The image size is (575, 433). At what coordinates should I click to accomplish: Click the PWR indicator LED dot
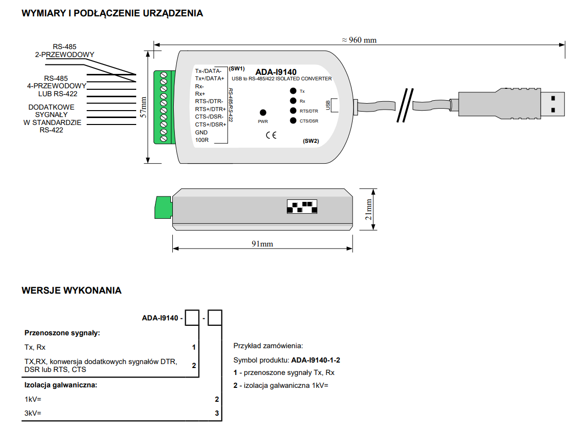[263, 113]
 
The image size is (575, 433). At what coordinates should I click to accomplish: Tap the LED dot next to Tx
[293, 91]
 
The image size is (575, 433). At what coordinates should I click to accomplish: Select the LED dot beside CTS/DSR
[293, 121]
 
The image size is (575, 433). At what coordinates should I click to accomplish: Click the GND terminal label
[201, 132]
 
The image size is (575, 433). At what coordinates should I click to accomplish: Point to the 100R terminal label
[202, 140]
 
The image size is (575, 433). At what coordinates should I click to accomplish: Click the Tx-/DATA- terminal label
[209, 71]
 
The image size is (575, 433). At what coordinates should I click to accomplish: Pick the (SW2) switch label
[311, 141]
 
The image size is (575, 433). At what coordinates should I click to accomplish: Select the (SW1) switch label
[237, 68]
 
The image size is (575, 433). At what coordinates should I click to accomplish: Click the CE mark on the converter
[271, 135]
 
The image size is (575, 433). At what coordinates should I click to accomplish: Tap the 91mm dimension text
[262, 244]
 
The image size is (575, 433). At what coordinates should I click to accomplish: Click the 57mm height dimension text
[143, 107]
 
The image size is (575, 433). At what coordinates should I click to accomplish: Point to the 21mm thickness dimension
[368, 209]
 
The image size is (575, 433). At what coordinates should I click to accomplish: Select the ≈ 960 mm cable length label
[359, 40]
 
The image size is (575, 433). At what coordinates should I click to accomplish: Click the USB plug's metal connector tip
[552, 104]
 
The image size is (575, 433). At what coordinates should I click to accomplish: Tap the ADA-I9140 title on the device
[276, 72]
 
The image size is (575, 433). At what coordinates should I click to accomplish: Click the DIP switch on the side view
[302, 207]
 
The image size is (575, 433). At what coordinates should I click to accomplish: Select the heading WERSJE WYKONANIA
[71, 291]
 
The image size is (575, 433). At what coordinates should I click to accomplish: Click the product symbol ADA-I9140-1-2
[316, 360]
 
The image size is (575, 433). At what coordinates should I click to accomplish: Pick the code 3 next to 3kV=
[217, 413]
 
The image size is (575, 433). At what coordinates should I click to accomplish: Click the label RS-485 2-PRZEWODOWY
[64, 51]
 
